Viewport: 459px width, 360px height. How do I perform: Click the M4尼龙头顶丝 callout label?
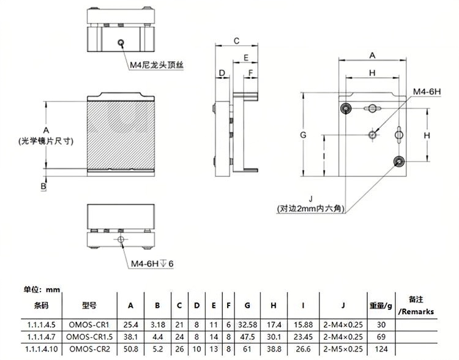coord(157,65)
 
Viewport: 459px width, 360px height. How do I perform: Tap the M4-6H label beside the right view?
coord(427,92)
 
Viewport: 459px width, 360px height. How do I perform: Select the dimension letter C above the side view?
coord(236,41)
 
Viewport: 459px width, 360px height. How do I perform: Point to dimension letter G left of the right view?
coord(304,135)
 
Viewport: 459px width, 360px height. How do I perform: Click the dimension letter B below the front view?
coord(43,186)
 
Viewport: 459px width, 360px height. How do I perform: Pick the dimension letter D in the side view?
coord(222,73)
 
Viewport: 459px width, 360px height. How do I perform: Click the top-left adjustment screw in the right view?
coord(346,109)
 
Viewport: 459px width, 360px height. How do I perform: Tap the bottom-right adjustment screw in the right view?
coord(398,162)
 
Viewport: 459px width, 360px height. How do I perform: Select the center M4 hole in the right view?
coord(372,135)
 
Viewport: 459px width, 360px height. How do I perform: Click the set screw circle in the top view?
coord(121,43)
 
